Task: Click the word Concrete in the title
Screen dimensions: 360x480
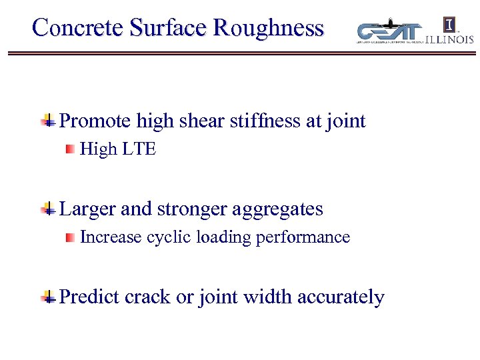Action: pos(78,27)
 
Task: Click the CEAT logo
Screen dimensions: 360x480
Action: pos(389,31)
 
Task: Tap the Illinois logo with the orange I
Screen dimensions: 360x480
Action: pos(451,31)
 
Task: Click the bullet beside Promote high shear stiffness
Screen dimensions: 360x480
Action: pos(48,121)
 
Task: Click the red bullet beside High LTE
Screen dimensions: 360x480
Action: pos(69,150)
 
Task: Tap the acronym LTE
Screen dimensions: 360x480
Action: pos(139,149)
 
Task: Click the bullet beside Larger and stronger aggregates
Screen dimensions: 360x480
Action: pos(48,209)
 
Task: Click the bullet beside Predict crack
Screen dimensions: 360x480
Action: pos(48,297)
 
